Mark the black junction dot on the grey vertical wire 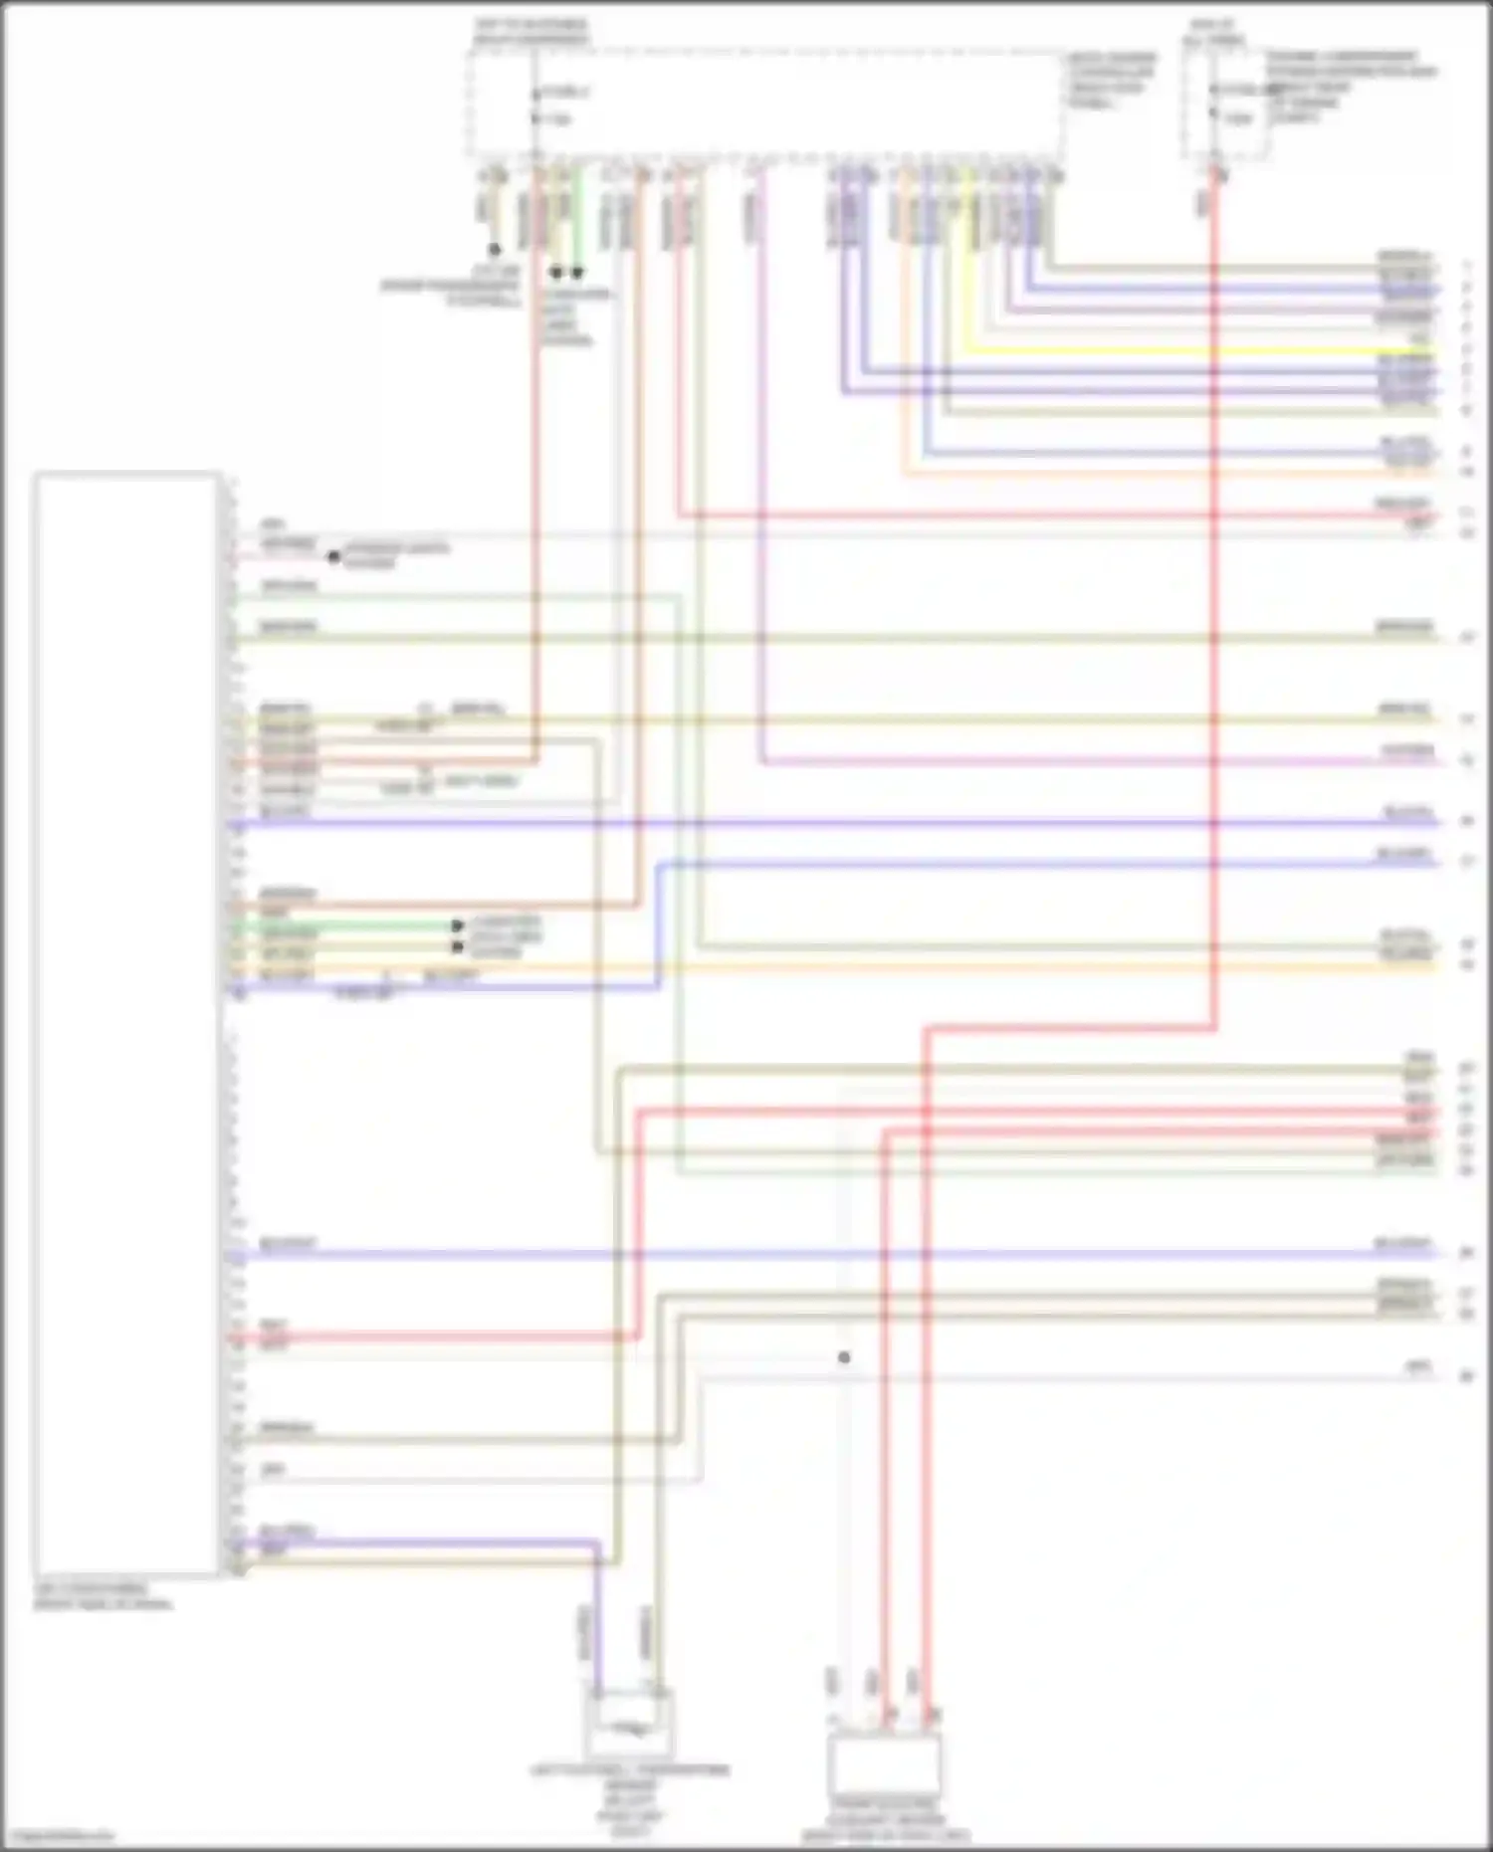pyautogui.click(x=844, y=1357)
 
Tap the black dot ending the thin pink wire pyautogui.click(x=334, y=556)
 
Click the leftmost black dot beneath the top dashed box pyautogui.click(x=494, y=249)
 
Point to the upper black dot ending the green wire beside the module pyautogui.click(x=458, y=926)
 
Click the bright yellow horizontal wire pyautogui.click(x=1194, y=351)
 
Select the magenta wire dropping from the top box pyautogui.click(x=760, y=498)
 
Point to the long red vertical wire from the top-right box pyautogui.click(x=1214, y=597)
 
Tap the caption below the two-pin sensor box pyautogui.click(x=629, y=1801)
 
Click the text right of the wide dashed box pyautogui.click(x=1112, y=81)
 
